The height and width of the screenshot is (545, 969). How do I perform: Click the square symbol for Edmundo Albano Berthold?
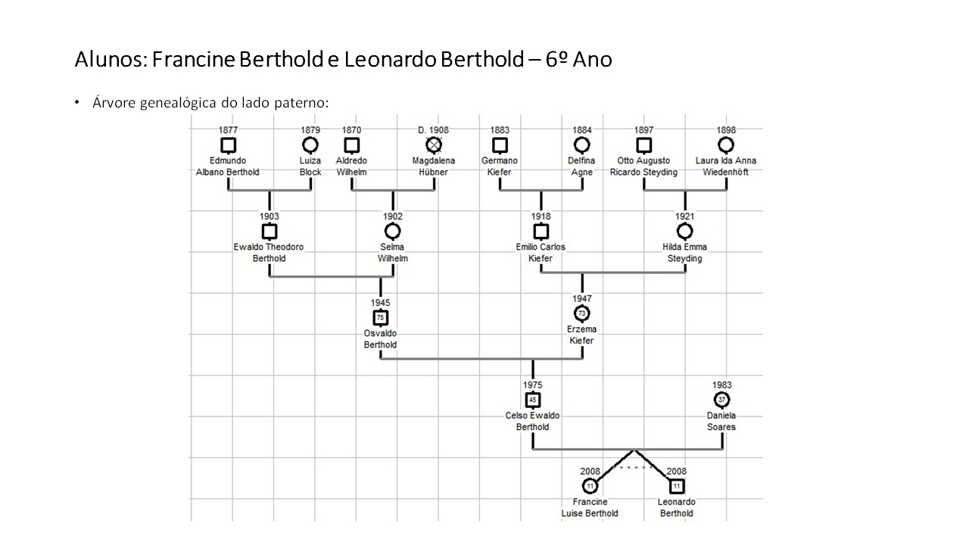(x=228, y=145)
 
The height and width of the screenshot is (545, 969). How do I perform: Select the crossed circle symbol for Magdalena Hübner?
(x=434, y=145)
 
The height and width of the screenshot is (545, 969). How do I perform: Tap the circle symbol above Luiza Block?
(x=310, y=145)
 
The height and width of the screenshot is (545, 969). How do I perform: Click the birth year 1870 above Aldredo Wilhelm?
(x=351, y=130)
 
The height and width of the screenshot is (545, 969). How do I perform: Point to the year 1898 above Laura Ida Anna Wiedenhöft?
(x=726, y=130)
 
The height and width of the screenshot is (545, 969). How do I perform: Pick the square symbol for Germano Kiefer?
(x=500, y=145)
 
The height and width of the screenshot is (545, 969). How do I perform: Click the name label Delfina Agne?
(x=581, y=167)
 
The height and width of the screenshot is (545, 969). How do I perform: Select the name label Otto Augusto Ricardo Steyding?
(x=643, y=167)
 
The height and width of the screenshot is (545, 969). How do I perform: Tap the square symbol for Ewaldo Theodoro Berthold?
(x=270, y=232)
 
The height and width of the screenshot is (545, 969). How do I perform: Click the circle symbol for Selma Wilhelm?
(x=393, y=232)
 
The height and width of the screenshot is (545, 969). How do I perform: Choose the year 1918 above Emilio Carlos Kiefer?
(x=541, y=216)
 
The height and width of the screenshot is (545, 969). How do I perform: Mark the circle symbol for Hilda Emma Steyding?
(x=685, y=232)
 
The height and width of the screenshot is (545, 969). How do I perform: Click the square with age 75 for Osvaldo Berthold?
(x=380, y=317)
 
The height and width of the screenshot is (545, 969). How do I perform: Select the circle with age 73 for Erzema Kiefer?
(x=582, y=313)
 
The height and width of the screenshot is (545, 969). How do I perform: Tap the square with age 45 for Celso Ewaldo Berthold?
(x=533, y=400)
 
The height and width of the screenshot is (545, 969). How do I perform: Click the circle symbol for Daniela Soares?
(x=721, y=400)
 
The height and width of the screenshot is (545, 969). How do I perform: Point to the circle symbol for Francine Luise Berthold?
(x=590, y=486)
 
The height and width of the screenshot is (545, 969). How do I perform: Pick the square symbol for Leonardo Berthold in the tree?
(x=677, y=486)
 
